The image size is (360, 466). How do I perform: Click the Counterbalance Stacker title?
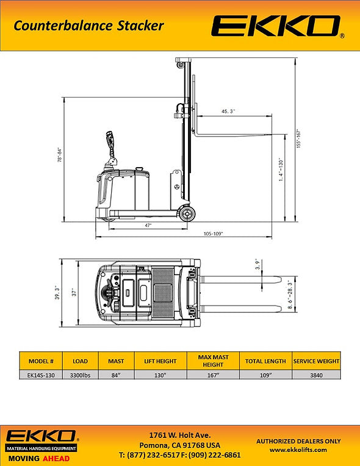pos(88,26)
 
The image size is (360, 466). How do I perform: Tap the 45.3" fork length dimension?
pos(228,112)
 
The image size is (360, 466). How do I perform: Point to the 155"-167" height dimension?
pos(299,138)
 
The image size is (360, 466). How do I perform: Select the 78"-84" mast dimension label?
pos(60,154)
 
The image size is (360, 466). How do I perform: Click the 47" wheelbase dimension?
pos(148,225)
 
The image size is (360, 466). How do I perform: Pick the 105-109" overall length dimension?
pos(213,234)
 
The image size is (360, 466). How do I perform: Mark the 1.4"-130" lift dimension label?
pos(281,170)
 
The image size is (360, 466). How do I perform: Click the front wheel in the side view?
pos(187,213)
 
